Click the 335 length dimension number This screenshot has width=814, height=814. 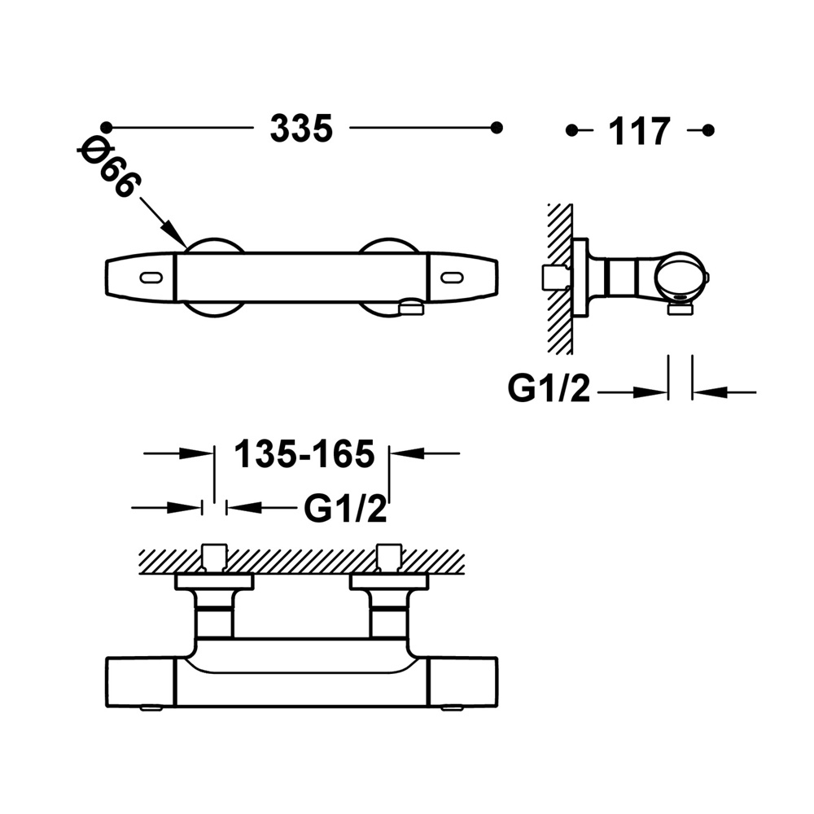click(x=301, y=129)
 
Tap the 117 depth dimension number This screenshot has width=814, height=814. click(x=640, y=131)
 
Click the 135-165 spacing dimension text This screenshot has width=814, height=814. click(x=304, y=453)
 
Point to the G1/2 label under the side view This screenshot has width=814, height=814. click(x=549, y=388)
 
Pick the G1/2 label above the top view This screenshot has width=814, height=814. click(x=345, y=508)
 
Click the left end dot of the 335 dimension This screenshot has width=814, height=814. click(x=106, y=127)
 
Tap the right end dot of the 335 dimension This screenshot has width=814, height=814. click(x=497, y=127)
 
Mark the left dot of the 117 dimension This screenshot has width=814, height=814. click(x=571, y=129)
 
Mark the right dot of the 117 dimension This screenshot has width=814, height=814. click(x=708, y=129)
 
